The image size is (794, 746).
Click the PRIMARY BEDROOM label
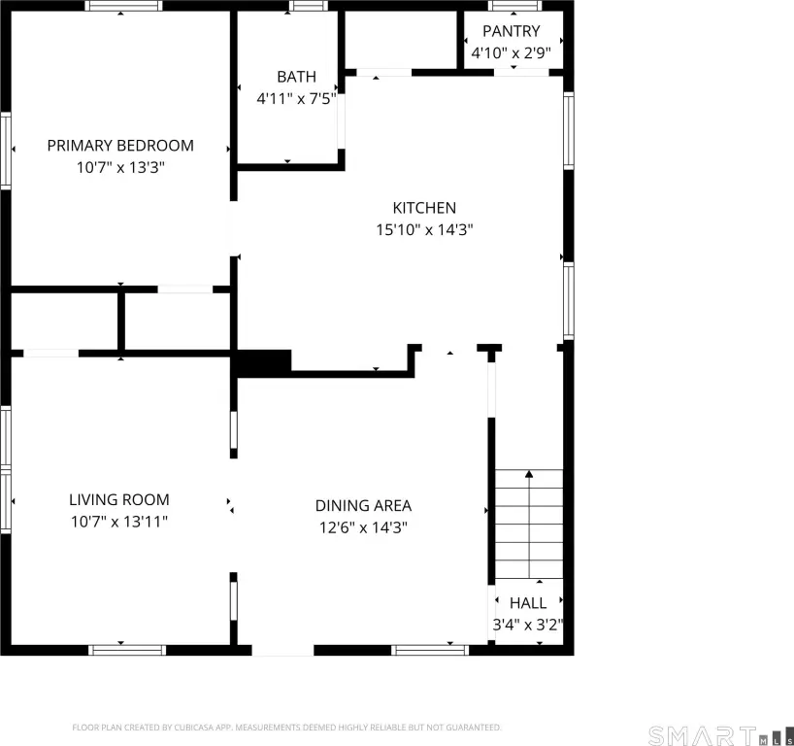point(120,146)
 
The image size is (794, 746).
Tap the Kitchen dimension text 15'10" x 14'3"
point(424,229)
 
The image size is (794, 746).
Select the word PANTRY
point(511,31)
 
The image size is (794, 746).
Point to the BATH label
point(296,77)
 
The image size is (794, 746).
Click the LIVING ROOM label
point(119,499)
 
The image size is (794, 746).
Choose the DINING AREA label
point(363,506)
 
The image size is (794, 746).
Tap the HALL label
point(528,603)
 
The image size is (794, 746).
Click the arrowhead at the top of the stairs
point(529,474)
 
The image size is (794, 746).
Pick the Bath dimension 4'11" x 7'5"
point(296,98)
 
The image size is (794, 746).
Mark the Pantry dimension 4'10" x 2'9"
point(511,52)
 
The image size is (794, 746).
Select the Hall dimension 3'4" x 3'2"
point(528,625)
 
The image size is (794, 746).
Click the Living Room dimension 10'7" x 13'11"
point(119,522)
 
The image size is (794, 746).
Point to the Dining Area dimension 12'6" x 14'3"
point(363,527)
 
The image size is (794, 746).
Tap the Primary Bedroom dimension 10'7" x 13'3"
point(120,167)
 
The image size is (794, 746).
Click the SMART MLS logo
point(720,735)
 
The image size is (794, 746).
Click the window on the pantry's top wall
point(515,6)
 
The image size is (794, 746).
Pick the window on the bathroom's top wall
point(309,6)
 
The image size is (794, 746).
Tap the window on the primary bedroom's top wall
point(123,6)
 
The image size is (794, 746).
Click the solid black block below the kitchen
point(261,363)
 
